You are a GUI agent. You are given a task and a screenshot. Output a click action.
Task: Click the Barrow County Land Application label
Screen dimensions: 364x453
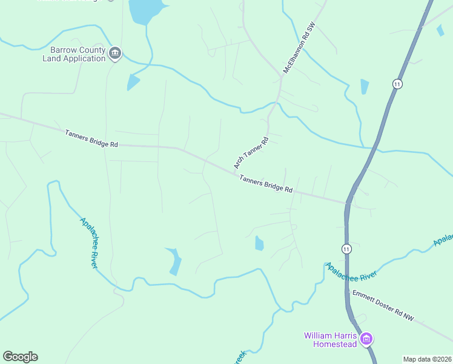74,54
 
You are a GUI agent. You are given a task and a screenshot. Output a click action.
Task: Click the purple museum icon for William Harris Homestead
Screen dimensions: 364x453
366,339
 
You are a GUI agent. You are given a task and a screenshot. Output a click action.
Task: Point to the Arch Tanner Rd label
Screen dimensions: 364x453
250,152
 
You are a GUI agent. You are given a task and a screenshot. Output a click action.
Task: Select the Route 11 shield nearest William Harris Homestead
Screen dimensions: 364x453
346,249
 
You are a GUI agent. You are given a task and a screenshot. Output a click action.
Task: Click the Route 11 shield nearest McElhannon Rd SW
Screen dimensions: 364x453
397,84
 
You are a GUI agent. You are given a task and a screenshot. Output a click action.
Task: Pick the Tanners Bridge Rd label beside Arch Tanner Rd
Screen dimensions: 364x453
266,184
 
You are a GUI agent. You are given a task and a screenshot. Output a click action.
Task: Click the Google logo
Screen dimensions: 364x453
20,357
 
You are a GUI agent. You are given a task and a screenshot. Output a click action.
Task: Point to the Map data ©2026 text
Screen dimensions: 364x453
428,359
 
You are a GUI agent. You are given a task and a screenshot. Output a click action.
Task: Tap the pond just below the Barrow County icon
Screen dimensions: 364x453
132,83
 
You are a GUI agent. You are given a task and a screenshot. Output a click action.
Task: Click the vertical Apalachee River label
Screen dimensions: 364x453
89,243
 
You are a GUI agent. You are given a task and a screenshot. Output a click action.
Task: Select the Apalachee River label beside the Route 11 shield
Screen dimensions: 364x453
352,271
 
